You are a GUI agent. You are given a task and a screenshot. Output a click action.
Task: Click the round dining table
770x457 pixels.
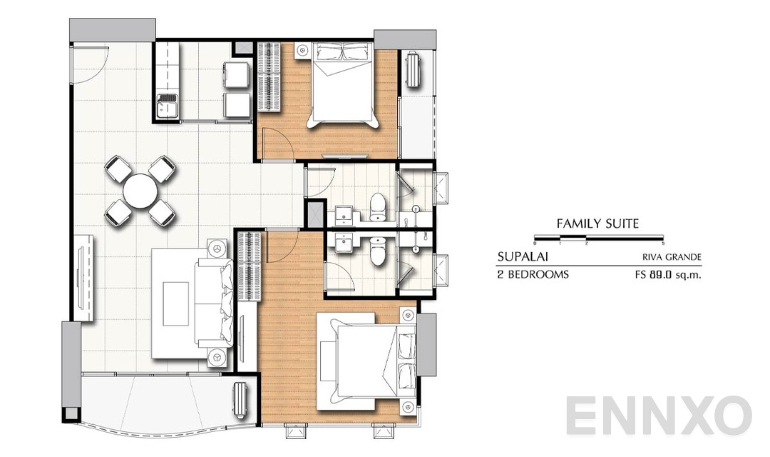(x=140, y=191)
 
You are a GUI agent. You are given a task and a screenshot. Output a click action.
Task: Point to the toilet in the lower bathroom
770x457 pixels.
(x=378, y=249)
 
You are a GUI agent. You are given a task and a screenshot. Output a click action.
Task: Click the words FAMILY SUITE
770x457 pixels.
(x=597, y=224)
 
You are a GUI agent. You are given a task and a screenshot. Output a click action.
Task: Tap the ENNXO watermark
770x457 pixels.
(x=659, y=416)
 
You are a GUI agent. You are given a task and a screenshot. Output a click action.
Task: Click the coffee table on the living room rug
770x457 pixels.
(x=176, y=303)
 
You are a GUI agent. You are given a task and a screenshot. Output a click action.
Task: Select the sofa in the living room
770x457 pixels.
(x=214, y=303)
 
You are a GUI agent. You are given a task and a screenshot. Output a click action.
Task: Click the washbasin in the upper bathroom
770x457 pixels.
(x=343, y=213)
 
